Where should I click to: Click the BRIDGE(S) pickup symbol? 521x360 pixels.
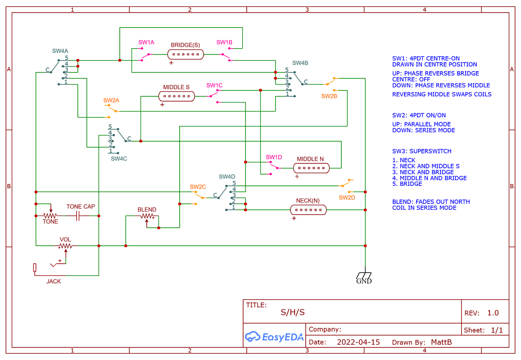(185, 54)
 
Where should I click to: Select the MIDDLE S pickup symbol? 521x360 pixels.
(176, 96)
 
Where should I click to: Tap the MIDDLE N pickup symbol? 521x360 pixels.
(311, 168)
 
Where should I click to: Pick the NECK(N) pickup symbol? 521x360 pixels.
(308, 209)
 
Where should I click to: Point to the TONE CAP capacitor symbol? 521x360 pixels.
(77, 216)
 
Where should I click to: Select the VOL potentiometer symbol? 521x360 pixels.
(66, 246)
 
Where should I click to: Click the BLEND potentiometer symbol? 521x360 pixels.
(147, 216)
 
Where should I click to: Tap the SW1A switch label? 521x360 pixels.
(146, 42)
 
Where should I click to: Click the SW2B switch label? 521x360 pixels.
(329, 96)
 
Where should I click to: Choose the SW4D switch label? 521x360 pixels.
(227, 177)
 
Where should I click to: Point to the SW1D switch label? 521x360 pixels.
(274, 157)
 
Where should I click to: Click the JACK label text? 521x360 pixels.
(54, 281)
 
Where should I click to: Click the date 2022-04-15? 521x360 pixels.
(358, 342)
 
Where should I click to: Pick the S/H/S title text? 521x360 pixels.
(293, 312)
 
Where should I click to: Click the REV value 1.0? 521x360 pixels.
(493, 313)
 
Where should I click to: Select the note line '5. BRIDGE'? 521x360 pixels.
(407, 184)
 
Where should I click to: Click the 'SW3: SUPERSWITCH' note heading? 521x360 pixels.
(421, 151)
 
